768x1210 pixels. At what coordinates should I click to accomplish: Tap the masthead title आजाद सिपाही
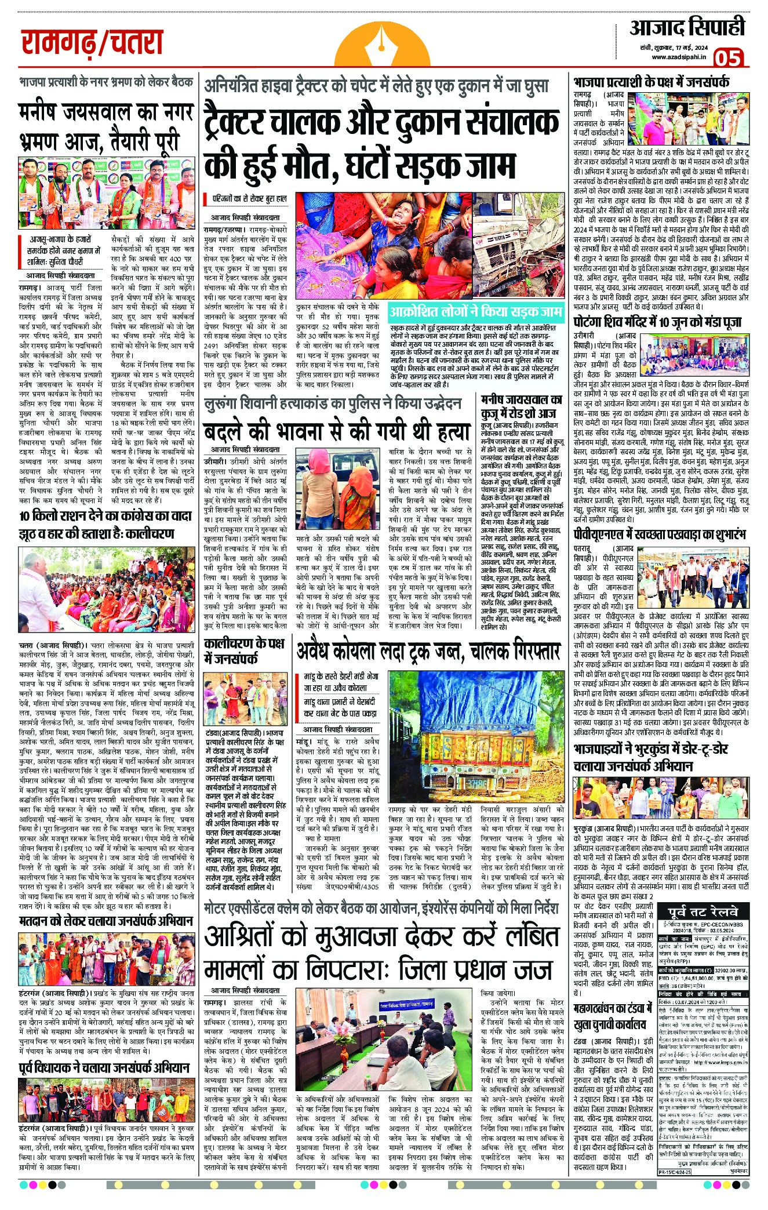coord(687,27)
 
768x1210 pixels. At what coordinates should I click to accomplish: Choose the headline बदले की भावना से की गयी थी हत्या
coord(336,431)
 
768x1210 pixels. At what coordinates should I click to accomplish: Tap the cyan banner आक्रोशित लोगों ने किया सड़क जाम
coord(476,313)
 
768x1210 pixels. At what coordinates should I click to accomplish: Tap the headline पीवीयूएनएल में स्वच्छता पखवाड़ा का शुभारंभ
coord(660,534)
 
